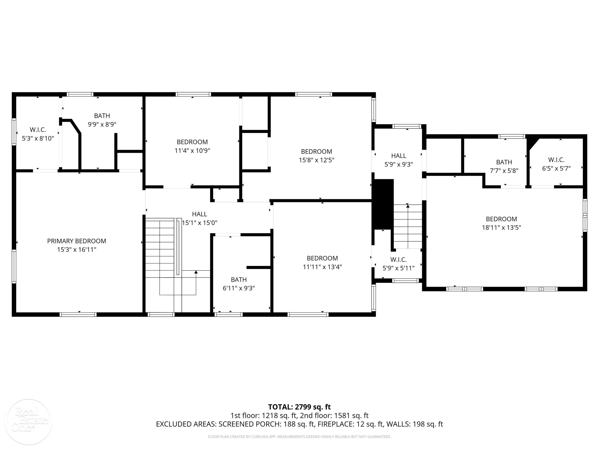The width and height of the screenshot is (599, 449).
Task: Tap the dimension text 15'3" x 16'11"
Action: pos(77,249)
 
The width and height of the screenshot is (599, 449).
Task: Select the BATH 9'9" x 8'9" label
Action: pos(102,120)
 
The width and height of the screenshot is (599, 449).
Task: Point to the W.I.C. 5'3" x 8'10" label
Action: pos(38,134)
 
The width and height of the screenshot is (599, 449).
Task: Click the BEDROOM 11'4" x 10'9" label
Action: pos(192,146)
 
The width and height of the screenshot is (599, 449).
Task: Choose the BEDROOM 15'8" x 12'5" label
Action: pos(316,156)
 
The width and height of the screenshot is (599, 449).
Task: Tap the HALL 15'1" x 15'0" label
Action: pos(200,218)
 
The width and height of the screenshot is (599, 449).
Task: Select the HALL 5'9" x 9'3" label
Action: pos(399,160)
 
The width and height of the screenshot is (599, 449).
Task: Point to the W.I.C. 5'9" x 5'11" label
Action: pos(399,264)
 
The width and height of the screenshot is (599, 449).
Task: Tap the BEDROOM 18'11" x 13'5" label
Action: pos(502,223)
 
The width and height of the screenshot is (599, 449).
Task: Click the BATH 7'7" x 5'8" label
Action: pos(504,166)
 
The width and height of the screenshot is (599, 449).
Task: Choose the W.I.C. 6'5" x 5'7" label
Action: pos(556,164)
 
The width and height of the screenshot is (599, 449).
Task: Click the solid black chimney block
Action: pos(383,204)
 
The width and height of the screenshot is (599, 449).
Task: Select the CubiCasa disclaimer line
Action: pos(299,437)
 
